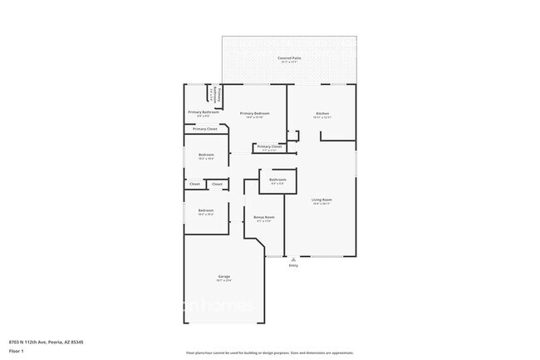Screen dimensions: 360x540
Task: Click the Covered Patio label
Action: tap(289, 58)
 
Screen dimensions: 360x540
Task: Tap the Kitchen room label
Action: tap(322, 113)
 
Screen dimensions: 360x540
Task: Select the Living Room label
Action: tap(322, 200)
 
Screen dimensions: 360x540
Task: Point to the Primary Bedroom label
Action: tap(254, 113)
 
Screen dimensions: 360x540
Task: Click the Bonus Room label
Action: tap(265, 217)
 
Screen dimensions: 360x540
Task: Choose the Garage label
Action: tap(224, 276)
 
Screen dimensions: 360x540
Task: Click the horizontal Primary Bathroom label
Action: tap(203, 112)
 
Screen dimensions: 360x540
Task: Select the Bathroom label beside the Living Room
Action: tap(277, 180)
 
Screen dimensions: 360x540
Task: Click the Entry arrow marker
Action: tap(292, 259)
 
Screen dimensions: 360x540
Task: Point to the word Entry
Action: tap(292, 265)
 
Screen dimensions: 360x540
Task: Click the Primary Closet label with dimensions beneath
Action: tap(269, 146)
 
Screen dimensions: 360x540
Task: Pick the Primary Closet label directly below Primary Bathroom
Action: tap(205, 129)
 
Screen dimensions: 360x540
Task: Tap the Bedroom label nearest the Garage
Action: tap(206, 210)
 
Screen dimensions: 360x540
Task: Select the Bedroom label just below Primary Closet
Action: tap(206, 155)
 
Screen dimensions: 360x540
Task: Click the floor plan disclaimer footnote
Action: tap(270, 354)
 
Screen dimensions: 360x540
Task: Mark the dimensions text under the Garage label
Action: tap(224, 280)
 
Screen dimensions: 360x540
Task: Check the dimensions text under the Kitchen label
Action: tap(322, 117)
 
